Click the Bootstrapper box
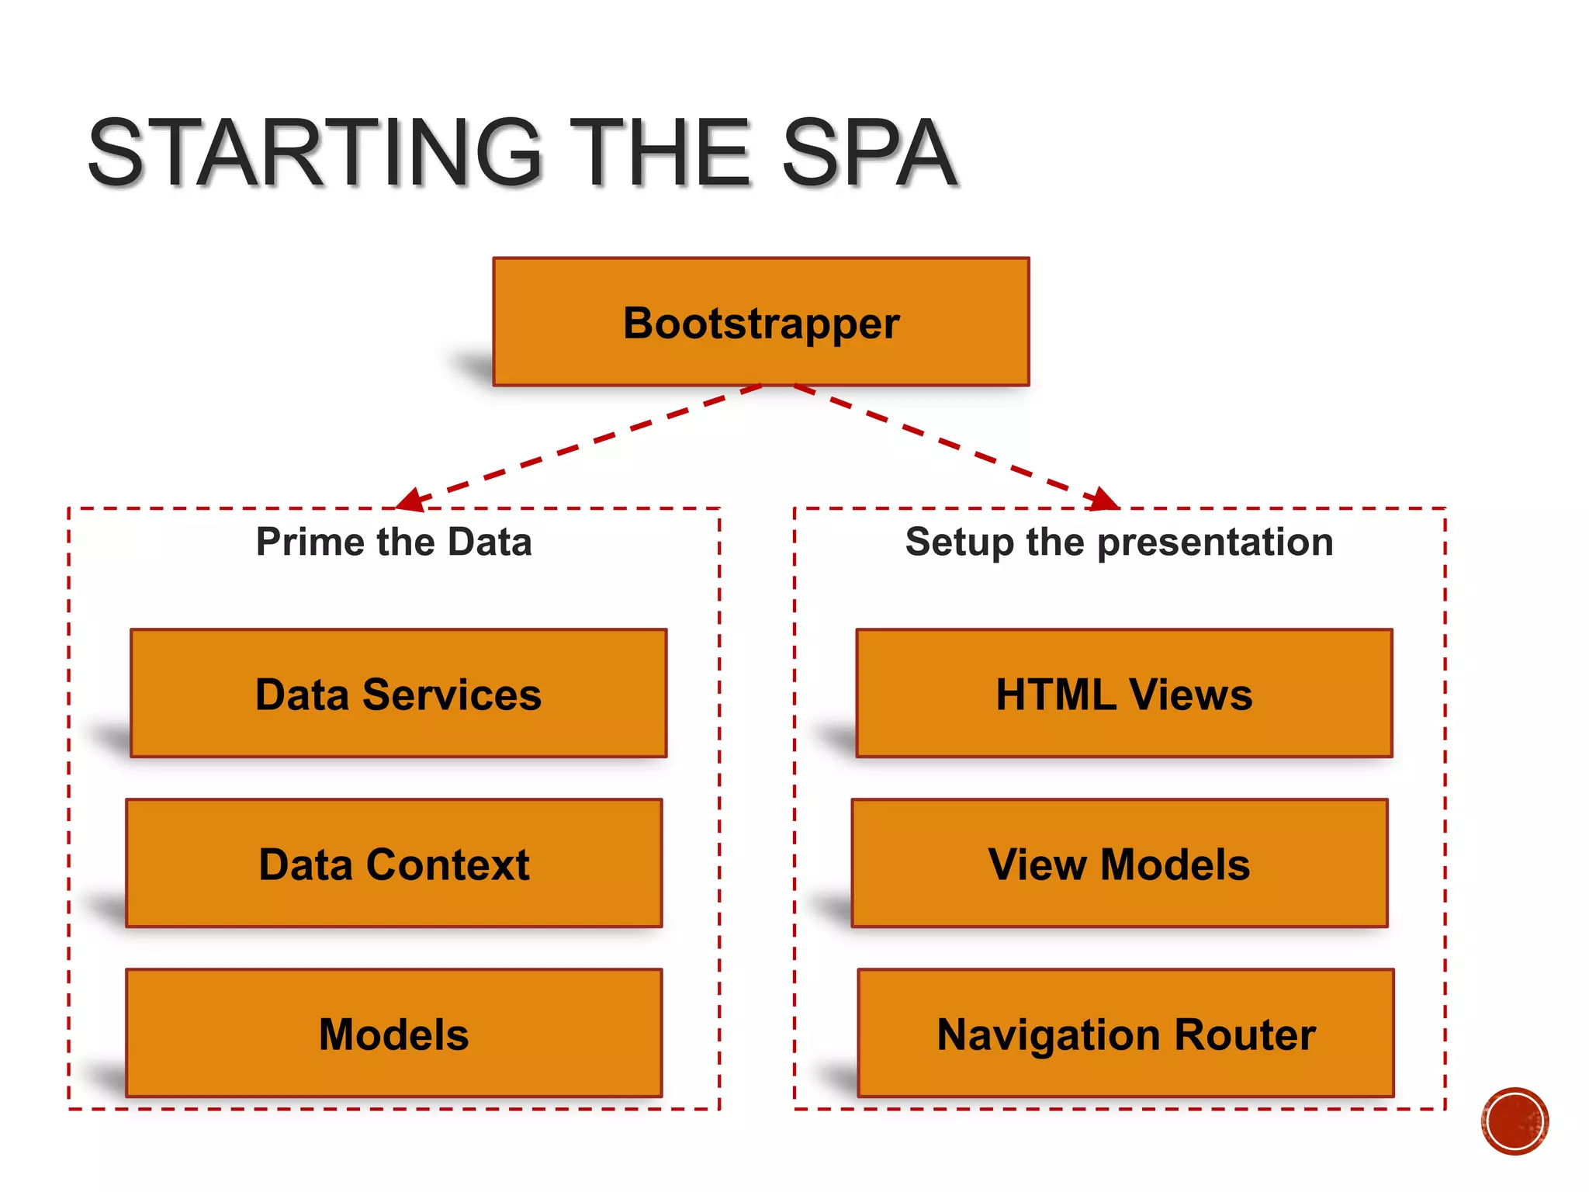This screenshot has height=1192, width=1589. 760,322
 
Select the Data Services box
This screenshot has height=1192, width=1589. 398,693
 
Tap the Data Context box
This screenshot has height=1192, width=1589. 393,863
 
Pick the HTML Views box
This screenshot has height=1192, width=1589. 1123,693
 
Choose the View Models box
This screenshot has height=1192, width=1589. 1119,863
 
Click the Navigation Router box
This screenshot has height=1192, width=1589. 1125,1033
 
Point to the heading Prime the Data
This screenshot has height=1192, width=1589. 394,542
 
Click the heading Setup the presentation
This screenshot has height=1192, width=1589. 1119,542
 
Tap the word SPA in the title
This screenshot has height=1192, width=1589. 869,153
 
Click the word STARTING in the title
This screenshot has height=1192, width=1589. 314,153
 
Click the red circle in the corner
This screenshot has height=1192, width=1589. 1514,1121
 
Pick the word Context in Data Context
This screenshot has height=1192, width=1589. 448,865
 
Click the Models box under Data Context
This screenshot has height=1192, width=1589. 393,1033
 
